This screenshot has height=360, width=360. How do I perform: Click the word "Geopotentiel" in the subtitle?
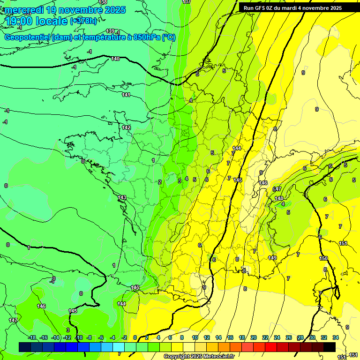[28, 37]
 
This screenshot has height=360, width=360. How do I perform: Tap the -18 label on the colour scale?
[32, 337]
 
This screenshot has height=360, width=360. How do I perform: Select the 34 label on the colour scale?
[336, 337]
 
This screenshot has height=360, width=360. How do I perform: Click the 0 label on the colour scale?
[135, 337]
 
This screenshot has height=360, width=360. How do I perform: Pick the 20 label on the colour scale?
[253, 337]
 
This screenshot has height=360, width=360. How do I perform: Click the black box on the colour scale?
[330, 347]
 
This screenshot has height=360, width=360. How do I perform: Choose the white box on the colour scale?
[189, 347]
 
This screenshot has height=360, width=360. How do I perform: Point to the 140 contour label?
[115, 59]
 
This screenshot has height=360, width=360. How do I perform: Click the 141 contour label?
[126, 95]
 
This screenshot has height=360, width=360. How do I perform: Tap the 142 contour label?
[126, 127]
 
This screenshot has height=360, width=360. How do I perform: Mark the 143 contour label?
[122, 198]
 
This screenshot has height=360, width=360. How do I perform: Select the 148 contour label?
[279, 198]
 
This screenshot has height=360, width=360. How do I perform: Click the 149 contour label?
[272, 258]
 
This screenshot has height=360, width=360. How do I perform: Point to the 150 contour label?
[323, 258]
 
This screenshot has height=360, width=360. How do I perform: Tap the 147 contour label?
[13, 320]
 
